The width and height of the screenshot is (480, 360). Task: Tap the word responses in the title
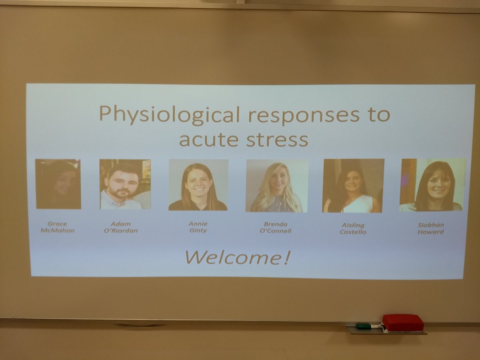(x=304, y=115)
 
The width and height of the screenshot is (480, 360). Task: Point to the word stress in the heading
(x=277, y=140)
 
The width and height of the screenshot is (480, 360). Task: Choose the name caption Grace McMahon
(x=57, y=227)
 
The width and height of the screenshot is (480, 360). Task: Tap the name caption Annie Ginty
(x=198, y=227)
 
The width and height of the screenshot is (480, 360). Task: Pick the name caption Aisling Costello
(x=353, y=228)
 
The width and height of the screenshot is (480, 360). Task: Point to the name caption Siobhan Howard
(x=431, y=228)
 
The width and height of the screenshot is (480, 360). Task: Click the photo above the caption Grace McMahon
(x=58, y=184)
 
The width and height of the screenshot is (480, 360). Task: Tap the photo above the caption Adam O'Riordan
(x=125, y=184)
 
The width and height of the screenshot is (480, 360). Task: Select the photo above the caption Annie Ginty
(x=198, y=185)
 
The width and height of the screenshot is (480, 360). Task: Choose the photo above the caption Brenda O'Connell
(x=277, y=186)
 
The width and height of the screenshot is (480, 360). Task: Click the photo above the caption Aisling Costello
(x=353, y=186)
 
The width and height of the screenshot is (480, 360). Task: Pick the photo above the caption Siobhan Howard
(x=432, y=185)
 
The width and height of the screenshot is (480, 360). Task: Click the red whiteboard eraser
(x=403, y=322)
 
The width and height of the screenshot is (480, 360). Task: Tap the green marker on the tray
(x=364, y=326)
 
